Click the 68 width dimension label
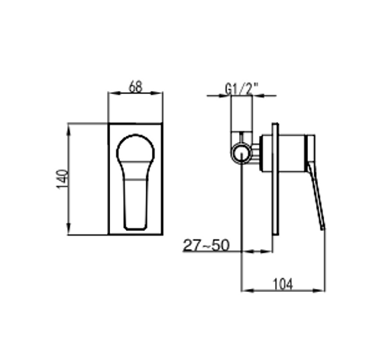pos(135,86)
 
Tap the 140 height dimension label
pos(63,180)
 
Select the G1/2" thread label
pos(242,89)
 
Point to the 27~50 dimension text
pos(206,245)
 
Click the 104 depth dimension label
pos(283,284)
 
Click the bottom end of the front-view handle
pos(135,228)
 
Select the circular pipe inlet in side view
pos(241,154)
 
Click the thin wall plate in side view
pos(275,179)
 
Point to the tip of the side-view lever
pos(323,229)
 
